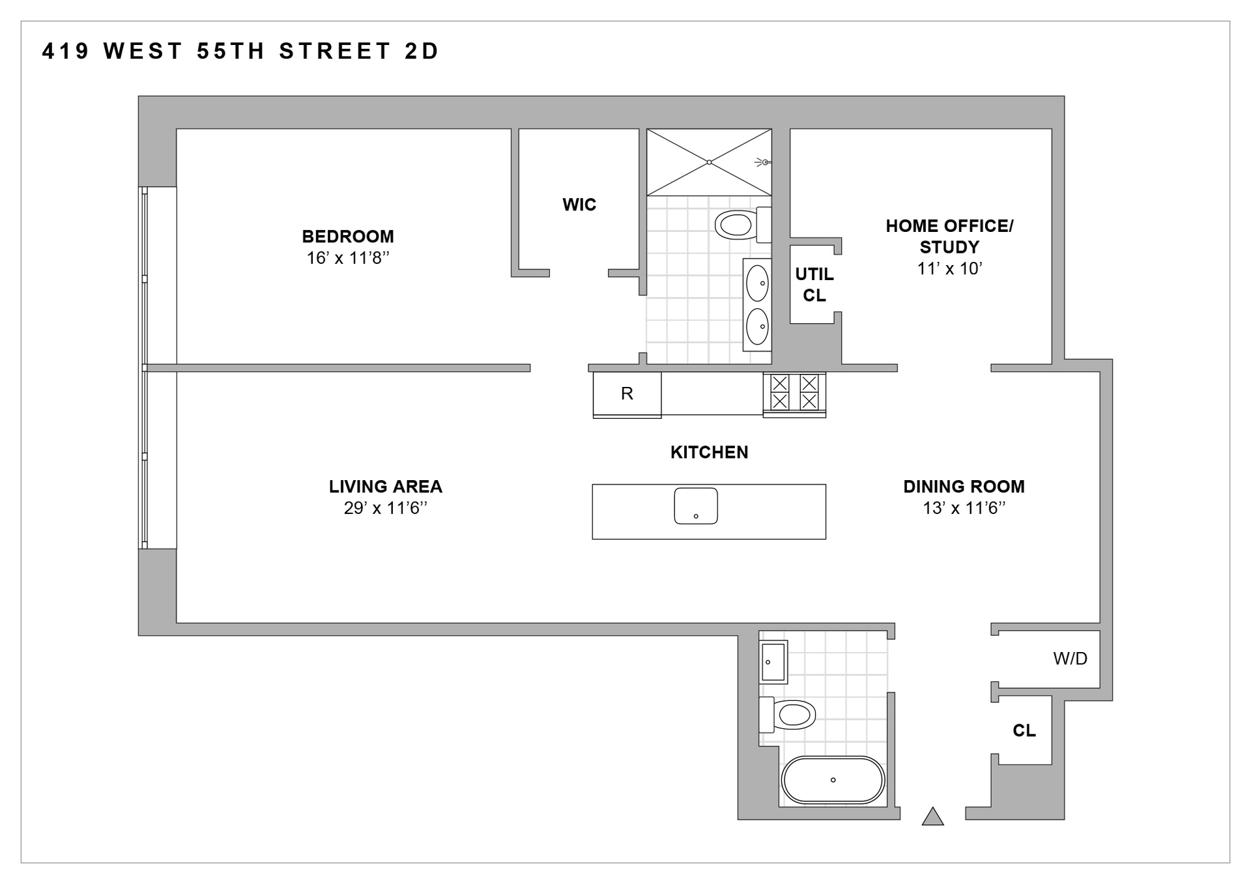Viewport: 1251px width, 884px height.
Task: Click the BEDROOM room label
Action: click(x=347, y=236)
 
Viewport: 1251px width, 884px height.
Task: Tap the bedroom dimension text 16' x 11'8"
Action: click(x=347, y=258)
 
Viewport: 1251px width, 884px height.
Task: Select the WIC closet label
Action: click(x=579, y=205)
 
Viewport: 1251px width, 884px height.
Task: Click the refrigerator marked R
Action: click(x=627, y=394)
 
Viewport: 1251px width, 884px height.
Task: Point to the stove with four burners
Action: click(x=794, y=392)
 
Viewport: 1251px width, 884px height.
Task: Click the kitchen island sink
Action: click(x=696, y=506)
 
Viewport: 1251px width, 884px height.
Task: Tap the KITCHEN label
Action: click(x=709, y=452)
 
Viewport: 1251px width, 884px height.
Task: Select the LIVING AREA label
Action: click(x=385, y=487)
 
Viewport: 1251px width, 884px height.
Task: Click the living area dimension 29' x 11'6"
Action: click(x=385, y=508)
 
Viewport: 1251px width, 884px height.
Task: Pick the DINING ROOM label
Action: click(x=964, y=487)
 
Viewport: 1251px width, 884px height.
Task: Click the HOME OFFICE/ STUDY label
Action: click(x=949, y=236)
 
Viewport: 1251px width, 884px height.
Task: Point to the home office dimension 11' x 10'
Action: click(x=949, y=268)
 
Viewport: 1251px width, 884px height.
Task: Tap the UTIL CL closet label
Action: click(x=814, y=285)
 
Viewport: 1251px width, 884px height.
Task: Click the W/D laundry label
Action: click(x=1070, y=659)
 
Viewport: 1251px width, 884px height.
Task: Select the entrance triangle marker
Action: click(x=933, y=817)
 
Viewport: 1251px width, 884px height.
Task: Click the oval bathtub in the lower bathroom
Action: click(x=833, y=780)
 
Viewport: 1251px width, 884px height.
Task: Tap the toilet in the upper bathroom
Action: click(x=739, y=225)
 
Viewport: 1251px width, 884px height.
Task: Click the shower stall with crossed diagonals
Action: click(x=709, y=162)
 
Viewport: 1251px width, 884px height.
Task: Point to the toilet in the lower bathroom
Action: click(x=790, y=715)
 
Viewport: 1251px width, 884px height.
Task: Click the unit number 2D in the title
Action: click(x=422, y=51)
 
